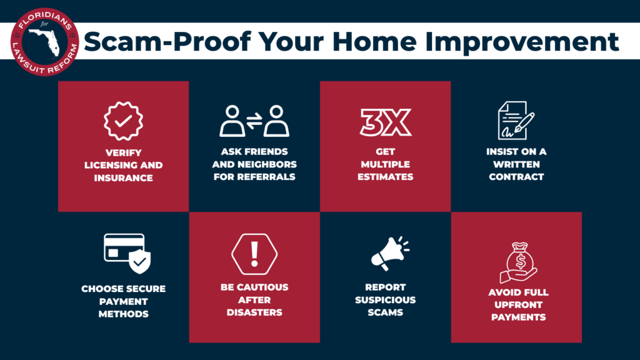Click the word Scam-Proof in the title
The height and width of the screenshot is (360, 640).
point(167,42)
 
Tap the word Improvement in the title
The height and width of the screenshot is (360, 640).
point(522,42)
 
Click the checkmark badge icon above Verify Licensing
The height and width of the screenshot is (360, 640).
point(123,121)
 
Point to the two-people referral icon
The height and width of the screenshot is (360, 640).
point(254,121)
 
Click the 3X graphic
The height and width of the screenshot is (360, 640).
point(386,122)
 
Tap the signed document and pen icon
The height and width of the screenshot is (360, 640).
point(516,121)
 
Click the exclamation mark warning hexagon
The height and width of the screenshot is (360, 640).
point(254,254)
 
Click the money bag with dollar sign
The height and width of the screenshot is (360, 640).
point(519,262)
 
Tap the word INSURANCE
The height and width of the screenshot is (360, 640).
point(123,178)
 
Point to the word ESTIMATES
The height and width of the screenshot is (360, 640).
point(385,177)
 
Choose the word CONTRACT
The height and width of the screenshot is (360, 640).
point(516,177)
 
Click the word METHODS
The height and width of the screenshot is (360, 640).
point(123,314)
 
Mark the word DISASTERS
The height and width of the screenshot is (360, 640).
point(254,312)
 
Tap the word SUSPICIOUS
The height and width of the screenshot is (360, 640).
point(385,300)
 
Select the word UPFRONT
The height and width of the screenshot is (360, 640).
point(518,305)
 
